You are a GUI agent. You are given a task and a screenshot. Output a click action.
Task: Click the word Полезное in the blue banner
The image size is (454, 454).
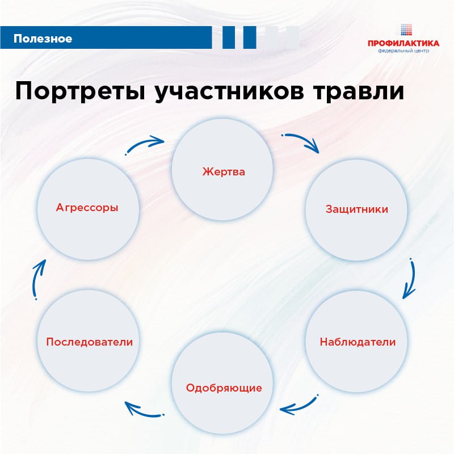[x=43, y=39]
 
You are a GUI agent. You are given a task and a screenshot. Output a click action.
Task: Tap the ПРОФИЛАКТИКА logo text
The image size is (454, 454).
[x=403, y=44]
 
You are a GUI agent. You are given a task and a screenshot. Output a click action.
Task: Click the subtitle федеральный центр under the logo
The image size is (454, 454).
[x=403, y=51]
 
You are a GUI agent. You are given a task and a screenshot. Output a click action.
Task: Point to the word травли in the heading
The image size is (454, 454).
[x=359, y=91]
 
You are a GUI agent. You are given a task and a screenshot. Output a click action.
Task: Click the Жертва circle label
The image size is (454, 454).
[x=224, y=172]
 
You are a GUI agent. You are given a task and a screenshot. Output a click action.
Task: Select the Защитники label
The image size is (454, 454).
[x=357, y=209]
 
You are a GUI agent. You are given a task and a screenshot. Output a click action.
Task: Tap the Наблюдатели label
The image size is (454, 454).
[x=358, y=342]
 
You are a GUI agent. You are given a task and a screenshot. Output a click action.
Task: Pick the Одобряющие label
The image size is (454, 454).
[x=224, y=388]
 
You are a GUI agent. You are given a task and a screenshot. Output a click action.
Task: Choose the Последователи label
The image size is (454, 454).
[x=90, y=342]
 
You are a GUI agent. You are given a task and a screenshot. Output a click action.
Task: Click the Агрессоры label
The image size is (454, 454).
[x=87, y=208]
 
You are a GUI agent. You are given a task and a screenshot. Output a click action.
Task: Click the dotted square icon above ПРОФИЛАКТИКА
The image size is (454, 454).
[x=406, y=30]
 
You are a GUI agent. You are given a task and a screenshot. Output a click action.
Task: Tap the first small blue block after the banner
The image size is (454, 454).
[x=229, y=37]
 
